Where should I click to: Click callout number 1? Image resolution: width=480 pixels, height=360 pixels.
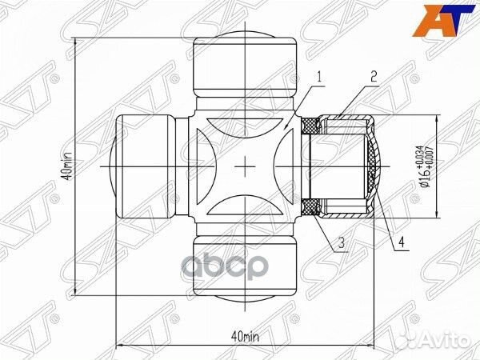point(319,77)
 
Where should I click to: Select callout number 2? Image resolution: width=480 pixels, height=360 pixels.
point(374,77)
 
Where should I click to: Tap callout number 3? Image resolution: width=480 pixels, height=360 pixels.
point(341,242)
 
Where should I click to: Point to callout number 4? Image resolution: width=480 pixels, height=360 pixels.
point(402,242)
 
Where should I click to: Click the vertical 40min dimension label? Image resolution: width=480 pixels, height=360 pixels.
point(68,166)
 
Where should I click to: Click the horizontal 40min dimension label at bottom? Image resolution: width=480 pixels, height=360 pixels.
point(245,337)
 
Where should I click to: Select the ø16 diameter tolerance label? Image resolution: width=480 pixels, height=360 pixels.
point(426,167)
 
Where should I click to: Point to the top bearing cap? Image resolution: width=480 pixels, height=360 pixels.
point(246,66)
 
